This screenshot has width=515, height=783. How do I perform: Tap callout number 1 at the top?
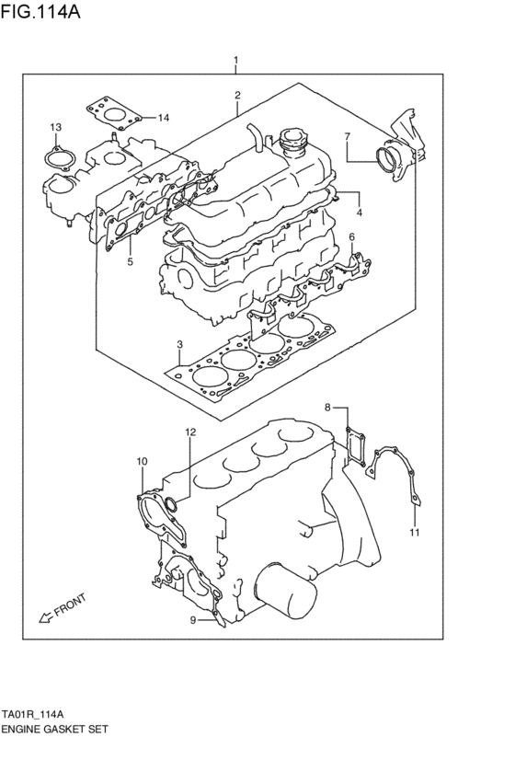coord(236,62)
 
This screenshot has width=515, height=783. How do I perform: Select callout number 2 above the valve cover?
coord(237,95)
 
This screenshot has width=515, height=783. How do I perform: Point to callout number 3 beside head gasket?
coord(181,343)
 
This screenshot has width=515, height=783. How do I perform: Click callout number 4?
coord(360,213)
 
